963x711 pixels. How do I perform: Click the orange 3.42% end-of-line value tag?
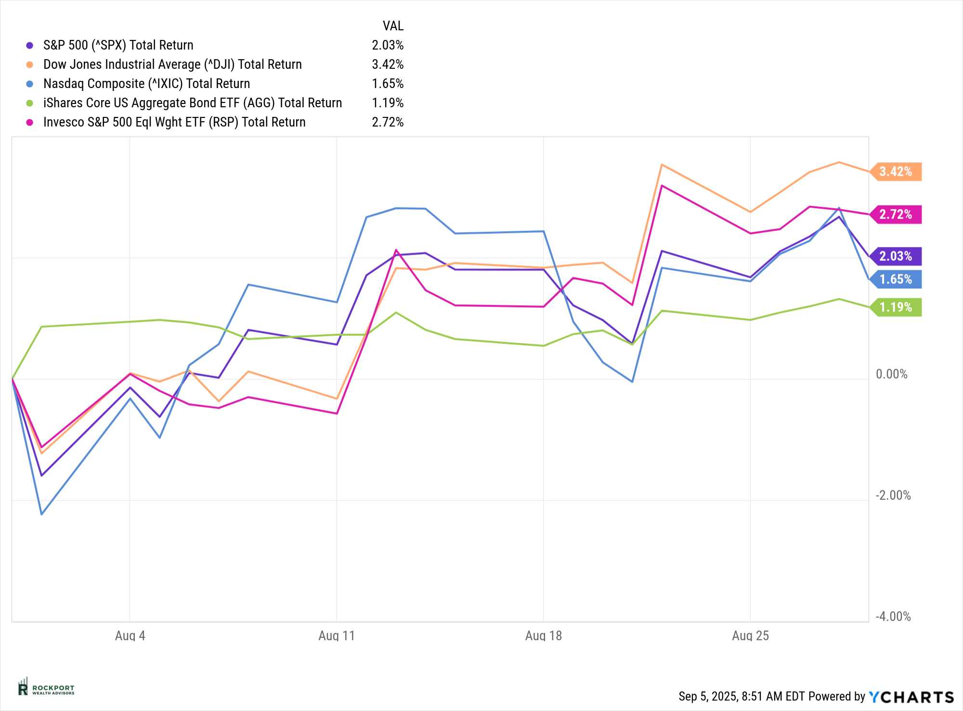tap(896, 172)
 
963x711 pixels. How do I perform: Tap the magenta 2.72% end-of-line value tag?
tap(896, 215)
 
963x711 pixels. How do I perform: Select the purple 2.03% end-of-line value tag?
tap(896, 256)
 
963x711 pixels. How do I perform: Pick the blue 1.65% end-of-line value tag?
tap(896, 279)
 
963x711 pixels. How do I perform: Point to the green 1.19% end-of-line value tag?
tap(896, 307)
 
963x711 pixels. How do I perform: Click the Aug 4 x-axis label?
tap(130, 636)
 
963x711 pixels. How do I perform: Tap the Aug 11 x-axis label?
tap(337, 636)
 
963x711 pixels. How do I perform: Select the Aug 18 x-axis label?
tap(544, 636)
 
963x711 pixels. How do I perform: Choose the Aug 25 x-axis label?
tap(750, 636)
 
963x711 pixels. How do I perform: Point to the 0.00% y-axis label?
tap(892, 374)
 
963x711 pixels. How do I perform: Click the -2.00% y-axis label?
tap(893, 495)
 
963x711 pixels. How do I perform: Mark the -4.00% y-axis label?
tap(893, 617)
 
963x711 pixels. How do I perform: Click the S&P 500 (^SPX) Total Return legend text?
tap(118, 45)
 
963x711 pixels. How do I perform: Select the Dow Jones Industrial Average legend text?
tap(172, 64)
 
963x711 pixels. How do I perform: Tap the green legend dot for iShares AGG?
tap(30, 103)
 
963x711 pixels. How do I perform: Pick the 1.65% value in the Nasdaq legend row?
tap(388, 84)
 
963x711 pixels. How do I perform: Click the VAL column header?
tap(393, 26)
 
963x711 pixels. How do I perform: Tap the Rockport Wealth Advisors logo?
tap(46, 688)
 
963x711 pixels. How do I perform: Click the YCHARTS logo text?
tap(911, 697)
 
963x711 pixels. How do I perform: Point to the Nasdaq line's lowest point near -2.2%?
tap(42, 514)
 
